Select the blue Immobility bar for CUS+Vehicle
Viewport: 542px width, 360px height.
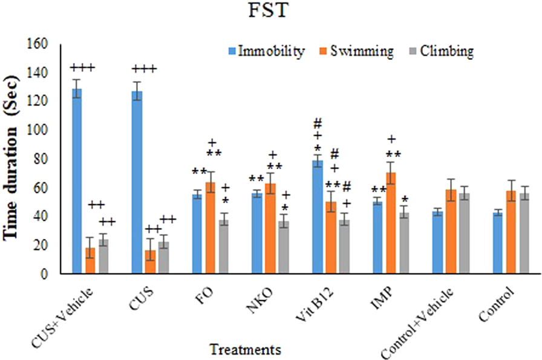[x=77, y=182]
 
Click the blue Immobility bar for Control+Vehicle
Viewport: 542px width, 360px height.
[x=437, y=243]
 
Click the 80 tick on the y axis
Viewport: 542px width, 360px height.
[x=40, y=159]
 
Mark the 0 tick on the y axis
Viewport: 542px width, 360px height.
[x=44, y=274]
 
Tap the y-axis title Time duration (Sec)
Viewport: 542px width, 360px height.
[x=13, y=160]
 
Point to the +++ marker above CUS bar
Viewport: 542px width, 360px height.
[x=143, y=69]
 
